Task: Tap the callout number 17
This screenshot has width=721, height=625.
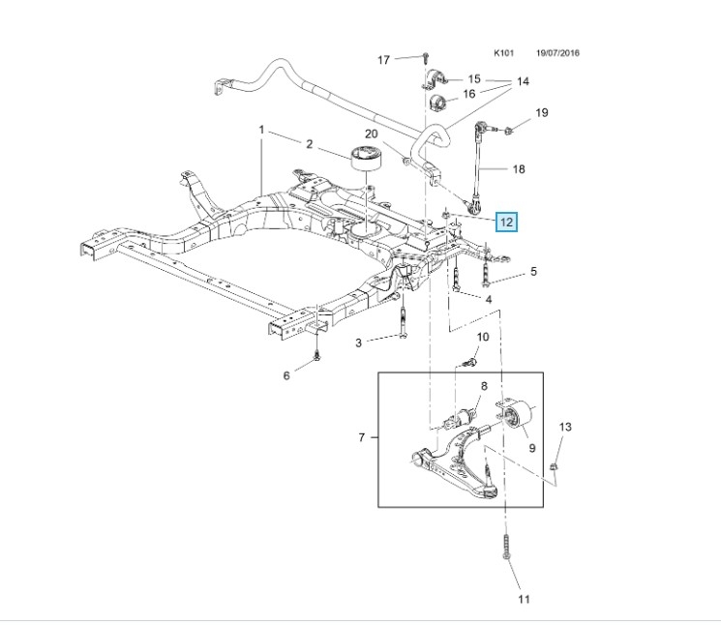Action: coord(383,60)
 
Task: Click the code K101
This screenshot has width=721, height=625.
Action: coord(504,53)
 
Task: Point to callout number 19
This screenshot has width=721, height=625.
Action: coord(541,113)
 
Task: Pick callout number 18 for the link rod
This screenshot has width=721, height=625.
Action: coord(518,169)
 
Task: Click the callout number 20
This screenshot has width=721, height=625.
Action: coord(371,134)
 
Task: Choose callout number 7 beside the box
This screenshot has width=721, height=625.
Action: coord(361,438)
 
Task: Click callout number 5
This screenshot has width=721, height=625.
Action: coord(532,274)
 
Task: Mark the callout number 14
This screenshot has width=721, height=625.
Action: coord(523,81)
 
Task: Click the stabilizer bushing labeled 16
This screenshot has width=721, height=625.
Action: coord(436,102)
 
